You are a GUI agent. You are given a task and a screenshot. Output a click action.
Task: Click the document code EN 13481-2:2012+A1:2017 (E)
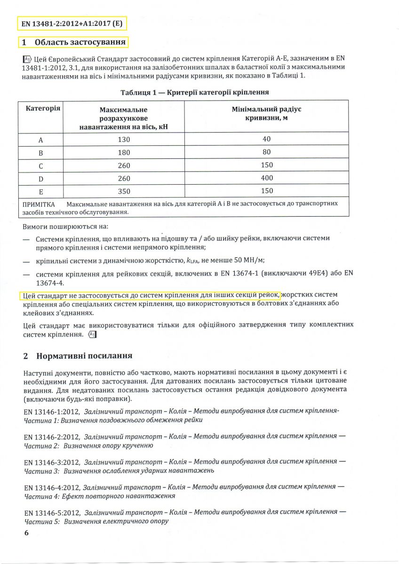pyautogui.click(x=73, y=23)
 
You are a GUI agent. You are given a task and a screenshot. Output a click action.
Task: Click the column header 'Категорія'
pyautogui.click(x=43, y=109)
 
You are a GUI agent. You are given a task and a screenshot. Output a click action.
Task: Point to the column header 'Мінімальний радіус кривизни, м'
pyautogui.click(x=266, y=113)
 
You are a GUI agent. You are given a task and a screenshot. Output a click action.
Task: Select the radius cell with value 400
pyautogui.click(x=266, y=178)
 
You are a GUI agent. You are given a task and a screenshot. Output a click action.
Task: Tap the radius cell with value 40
pyautogui.click(x=266, y=140)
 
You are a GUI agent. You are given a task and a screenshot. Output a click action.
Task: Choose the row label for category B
pyautogui.click(x=40, y=153)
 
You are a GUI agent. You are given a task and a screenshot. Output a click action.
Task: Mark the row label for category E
pyautogui.click(x=40, y=191)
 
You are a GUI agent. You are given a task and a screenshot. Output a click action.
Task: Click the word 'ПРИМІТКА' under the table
pyautogui.click(x=39, y=204)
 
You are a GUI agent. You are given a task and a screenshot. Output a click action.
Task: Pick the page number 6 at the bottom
pyautogui.click(x=26, y=533)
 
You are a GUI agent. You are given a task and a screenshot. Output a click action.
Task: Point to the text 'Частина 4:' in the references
pyautogui.click(x=40, y=496)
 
